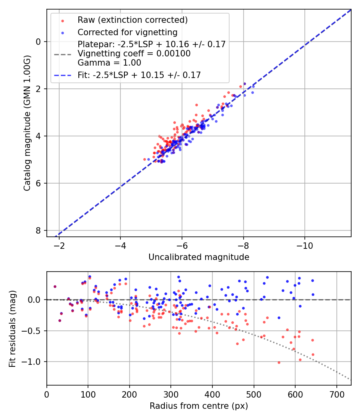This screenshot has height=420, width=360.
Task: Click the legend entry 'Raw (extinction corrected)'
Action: point(132,20)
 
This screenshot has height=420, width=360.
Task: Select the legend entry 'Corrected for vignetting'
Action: point(127,32)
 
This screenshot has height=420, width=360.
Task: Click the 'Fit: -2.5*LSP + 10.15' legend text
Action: point(139,75)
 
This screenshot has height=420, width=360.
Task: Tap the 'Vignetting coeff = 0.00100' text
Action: point(134,54)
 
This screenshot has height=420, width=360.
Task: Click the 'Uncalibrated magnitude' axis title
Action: point(199,257)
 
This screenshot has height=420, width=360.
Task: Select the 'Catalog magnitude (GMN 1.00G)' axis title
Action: point(27,123)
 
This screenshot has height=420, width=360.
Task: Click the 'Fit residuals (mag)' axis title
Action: point(12,328)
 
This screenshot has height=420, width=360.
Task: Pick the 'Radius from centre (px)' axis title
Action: point(199,406)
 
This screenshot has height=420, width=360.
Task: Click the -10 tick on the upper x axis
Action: point(305,245)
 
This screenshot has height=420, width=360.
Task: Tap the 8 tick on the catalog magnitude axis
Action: point(38,230)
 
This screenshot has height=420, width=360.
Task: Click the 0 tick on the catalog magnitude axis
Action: point(38,42)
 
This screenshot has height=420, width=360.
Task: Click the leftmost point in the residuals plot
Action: point(55,286)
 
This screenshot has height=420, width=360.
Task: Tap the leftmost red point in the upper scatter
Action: point(145,159)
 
